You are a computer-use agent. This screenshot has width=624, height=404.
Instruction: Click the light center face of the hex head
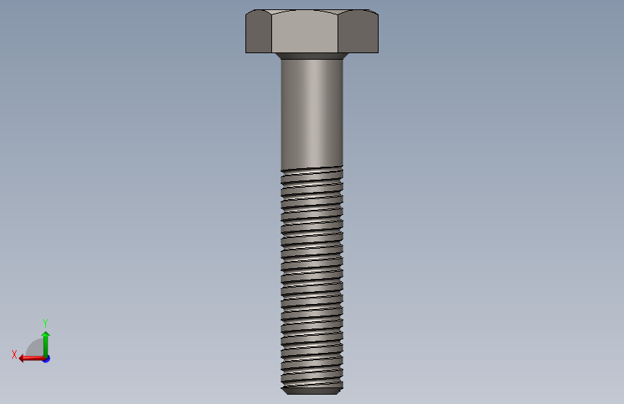click(305, 32)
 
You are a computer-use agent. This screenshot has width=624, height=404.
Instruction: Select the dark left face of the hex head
click(258, 32)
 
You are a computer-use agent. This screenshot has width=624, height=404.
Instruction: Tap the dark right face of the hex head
click(358, 32)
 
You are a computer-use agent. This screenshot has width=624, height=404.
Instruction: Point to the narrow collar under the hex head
click(312, 56)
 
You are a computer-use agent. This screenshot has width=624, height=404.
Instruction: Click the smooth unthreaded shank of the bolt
click(312, 114)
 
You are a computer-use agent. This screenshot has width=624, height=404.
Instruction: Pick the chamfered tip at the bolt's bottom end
click(312, 392)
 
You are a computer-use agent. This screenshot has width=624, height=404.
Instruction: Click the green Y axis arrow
click(46, 345)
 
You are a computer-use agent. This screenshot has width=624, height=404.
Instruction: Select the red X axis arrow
click(32, 359)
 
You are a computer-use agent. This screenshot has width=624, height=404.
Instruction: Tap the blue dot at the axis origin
click(47, 359)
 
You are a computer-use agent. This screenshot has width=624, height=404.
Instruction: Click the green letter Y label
click(45, 323)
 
